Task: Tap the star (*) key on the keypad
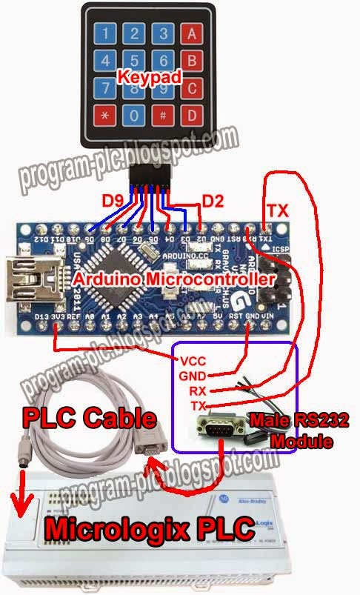tap(104, 116)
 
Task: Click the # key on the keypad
tap(161, 116)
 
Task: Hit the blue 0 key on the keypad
tap(133, 116)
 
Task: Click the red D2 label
tap(213, 200)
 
